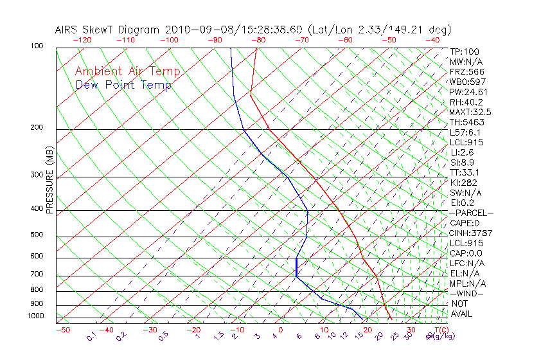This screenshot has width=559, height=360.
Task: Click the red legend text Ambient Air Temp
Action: coord(128,71)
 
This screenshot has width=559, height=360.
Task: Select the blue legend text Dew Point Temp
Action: coord(123,85)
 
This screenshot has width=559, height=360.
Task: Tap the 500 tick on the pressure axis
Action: coord(37,235)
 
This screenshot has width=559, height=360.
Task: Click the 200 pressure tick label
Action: coord(37,127)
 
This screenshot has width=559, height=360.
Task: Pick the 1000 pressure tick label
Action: coord(35,316)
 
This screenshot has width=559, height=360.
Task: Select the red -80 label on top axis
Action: coord(258,40)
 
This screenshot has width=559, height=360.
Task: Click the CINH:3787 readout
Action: coord(471,233)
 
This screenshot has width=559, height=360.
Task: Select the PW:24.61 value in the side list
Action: coord(469,92)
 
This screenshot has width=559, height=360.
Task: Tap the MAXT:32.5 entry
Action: coord(471,112)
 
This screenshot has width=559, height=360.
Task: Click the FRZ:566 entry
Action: coord(467,71)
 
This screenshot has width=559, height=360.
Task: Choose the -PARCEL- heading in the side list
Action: coord(471,213)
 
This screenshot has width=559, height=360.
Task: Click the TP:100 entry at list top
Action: coord(465,51)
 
